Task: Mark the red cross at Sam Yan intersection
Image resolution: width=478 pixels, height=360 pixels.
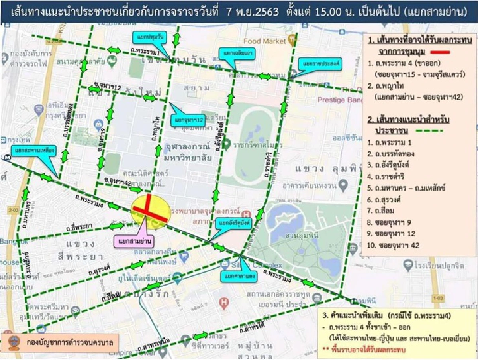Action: pos(149,210)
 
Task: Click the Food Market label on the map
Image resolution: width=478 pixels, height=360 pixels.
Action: pos(265,41)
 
